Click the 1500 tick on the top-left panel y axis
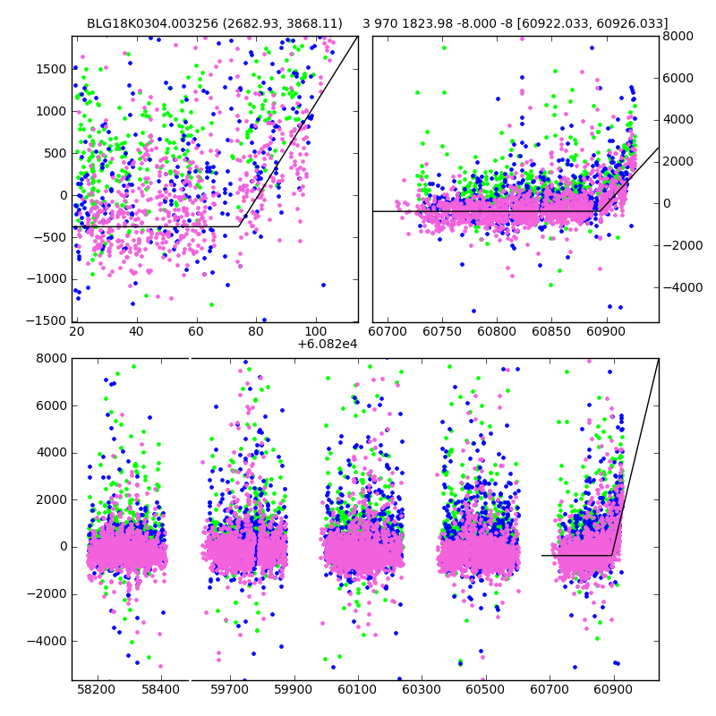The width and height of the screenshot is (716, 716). click(x=51, y=69)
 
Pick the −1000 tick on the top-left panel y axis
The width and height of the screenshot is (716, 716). click(x=47, y=279)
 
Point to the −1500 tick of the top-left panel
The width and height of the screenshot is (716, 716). click(x=47, y=321)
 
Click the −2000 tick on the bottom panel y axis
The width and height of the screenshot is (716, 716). click(x=47, y=594)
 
